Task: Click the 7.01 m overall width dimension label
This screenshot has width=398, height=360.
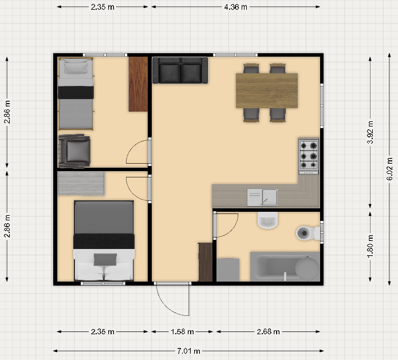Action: click(188, 351)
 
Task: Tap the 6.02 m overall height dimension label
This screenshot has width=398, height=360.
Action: click(389, 169)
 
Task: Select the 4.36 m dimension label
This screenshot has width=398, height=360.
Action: click(235, 7)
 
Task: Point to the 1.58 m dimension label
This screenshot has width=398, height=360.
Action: click(182, 331)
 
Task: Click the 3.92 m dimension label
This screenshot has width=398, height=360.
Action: click(371, 132)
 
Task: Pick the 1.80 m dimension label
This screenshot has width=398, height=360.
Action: click(371, 246)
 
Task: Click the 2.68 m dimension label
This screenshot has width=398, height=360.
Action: click(269, 331)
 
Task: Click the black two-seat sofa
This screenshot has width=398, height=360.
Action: click(180, 70)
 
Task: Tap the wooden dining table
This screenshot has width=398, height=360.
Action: click(267, 90)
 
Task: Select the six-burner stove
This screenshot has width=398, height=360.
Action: click(309, 156)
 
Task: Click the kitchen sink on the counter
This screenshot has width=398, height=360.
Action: click(262, 197)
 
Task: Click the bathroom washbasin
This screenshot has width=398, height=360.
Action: click(268, 220)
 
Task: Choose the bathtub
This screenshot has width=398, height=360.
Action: click(285, 266)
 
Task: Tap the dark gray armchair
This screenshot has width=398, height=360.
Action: click(74, 151)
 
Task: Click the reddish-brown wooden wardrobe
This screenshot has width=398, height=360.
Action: click(138, 84)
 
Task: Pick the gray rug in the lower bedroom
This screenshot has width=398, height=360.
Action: click(81, 183)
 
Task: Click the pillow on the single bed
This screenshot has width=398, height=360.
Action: click(76, 68)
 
